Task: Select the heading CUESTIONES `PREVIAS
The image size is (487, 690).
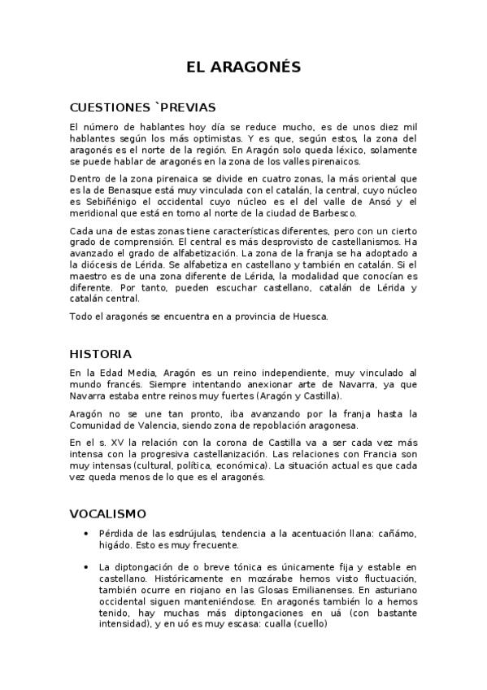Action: (142, 107)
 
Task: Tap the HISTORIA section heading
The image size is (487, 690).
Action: (101, 354)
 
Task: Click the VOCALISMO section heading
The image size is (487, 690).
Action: (107, 513)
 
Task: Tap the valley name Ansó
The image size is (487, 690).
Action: (367, 202)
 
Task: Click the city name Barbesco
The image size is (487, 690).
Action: (330, 213)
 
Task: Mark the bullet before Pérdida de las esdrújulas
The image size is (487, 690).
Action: (87, 533)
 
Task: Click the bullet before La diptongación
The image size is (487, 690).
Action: (87, 566)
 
